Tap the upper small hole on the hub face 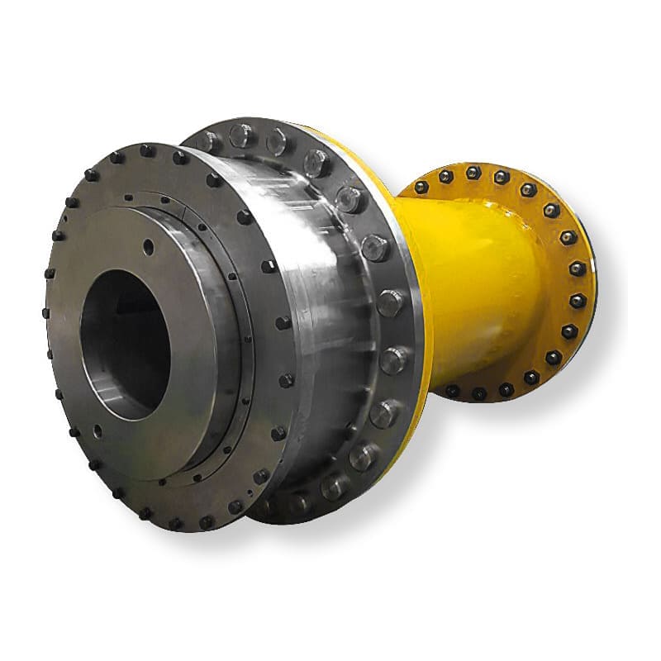(x=148, y=245)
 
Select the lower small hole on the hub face (x=97, y=430)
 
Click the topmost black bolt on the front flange (x=148, y=150)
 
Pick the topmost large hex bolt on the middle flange (x=240, y=133)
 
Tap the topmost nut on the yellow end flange (x=473, y=173)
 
